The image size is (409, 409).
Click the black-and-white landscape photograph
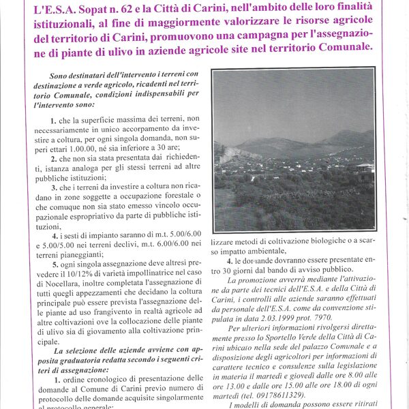point(294,151)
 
